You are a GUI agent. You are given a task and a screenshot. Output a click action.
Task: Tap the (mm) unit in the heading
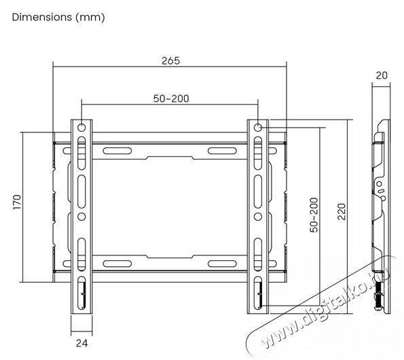[91, 18]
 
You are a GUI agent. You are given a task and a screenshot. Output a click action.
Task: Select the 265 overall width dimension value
[170, 60]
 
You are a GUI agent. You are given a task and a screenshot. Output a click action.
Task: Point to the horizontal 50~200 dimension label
[170, 98]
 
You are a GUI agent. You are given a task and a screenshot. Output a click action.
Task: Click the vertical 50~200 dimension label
[313, 215]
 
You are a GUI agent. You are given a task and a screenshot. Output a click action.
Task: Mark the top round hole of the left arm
[81, 128]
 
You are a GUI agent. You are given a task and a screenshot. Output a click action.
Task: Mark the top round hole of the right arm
[259, 128]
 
